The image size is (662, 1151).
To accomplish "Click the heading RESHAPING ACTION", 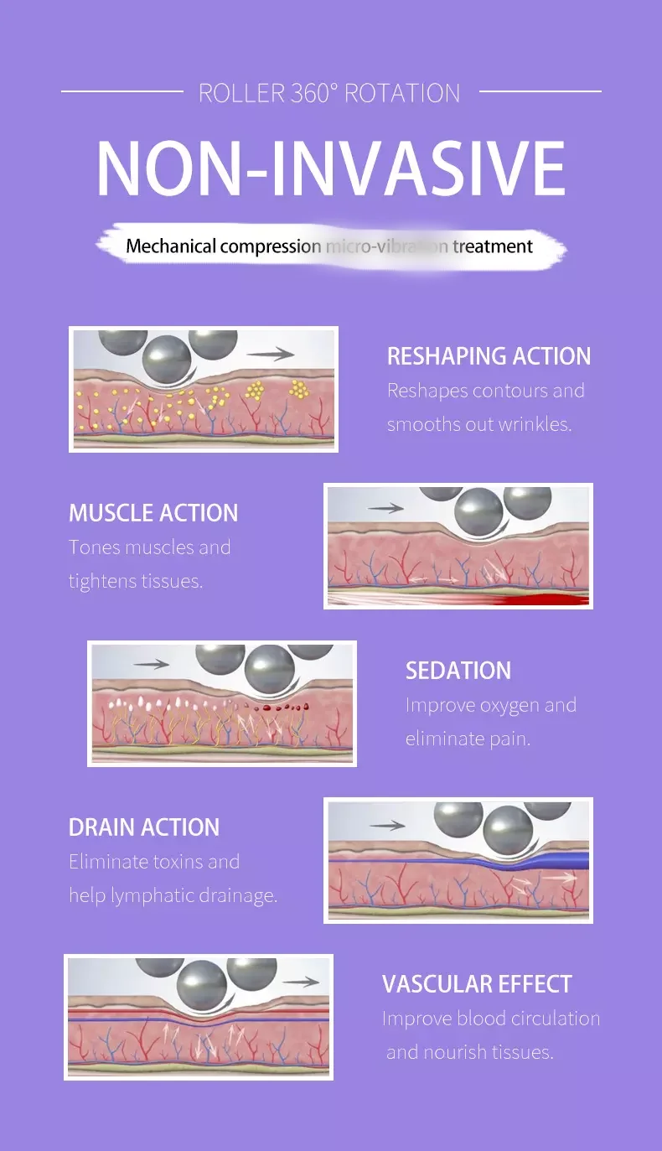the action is point(489,355).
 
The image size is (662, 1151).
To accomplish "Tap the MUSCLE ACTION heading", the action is point(153,513).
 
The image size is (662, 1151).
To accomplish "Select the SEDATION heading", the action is point(458,671).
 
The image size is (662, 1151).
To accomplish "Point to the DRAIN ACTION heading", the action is point(144,827).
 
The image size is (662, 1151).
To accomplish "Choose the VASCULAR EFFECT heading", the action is point(477,984).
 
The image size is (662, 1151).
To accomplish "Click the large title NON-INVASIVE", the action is point(330,170).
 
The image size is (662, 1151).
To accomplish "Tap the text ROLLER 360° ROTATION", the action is point(329,93).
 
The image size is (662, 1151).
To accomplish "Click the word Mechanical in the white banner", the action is point(171,246).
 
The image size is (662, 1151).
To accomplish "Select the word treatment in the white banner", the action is point(493,246).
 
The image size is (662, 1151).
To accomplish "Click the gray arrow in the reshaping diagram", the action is point(272,354).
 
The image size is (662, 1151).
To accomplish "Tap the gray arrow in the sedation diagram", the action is point(151,664).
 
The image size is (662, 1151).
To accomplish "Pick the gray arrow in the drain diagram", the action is point(387,826).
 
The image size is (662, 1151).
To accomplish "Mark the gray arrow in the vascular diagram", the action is point(301,982).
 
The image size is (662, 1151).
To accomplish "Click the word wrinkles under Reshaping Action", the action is point(535,424).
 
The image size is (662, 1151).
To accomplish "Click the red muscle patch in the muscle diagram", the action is point(545,599).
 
